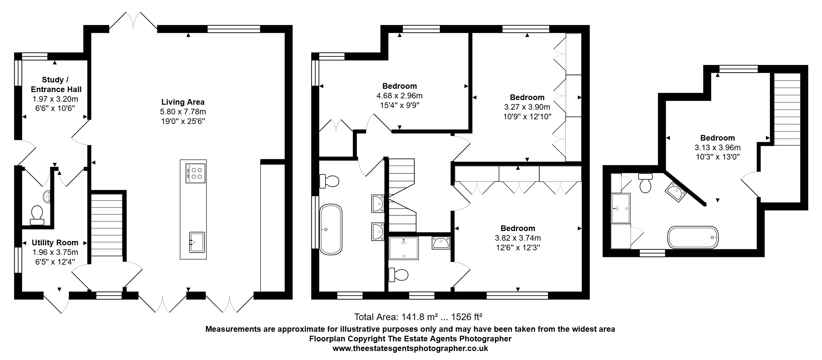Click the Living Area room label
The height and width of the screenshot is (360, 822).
(x=183, y=102)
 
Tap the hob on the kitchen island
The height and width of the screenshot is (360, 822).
(x=195, y=174)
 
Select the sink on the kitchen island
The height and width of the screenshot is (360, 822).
(x=197, y=242)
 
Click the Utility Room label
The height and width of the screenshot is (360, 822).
(x=55, y=243)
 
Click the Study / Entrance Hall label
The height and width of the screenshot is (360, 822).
(x=56, y=84)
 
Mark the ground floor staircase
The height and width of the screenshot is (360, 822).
(x=107, y=225)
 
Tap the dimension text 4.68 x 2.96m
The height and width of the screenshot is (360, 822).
(x=399, y=96)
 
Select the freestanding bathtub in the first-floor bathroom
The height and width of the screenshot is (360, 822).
(x=331, y=229)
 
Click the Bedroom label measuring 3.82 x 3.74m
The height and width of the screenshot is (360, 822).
(x=518, y=228)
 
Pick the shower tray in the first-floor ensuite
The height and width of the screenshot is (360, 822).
(x=404, y=248)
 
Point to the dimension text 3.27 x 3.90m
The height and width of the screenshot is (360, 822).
(x=527, y=107)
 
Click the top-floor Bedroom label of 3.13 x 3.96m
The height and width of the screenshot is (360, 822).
(x=717, y=138)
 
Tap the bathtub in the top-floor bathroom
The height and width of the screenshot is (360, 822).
(x=693, y=237)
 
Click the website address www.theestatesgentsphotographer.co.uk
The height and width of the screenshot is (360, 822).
(x=410, y=349)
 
